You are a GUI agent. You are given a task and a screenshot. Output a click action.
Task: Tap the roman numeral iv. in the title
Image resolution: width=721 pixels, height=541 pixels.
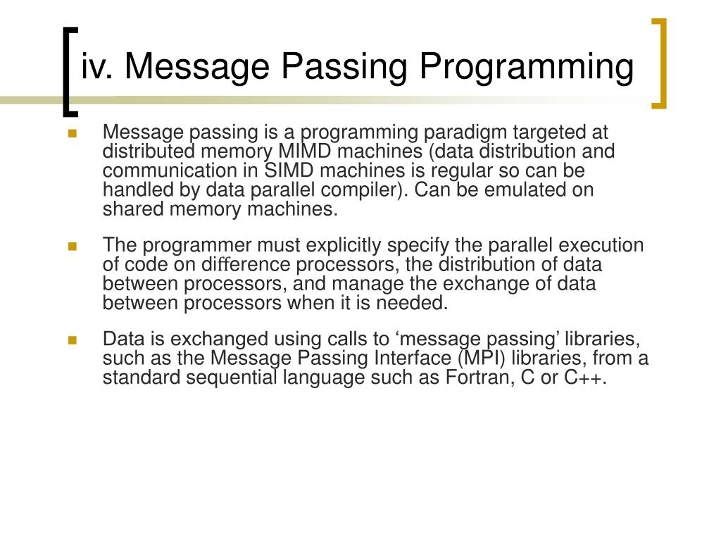98,68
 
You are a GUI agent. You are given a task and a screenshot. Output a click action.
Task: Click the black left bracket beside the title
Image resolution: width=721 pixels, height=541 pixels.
68,70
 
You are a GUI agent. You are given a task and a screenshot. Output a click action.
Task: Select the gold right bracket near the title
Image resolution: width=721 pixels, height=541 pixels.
659,63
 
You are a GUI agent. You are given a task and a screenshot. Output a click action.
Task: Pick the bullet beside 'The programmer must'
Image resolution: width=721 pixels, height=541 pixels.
72,247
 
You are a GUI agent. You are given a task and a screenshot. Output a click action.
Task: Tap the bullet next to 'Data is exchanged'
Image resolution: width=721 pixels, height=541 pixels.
72,340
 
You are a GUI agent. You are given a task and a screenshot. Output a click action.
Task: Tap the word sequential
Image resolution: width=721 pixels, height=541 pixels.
232,378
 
